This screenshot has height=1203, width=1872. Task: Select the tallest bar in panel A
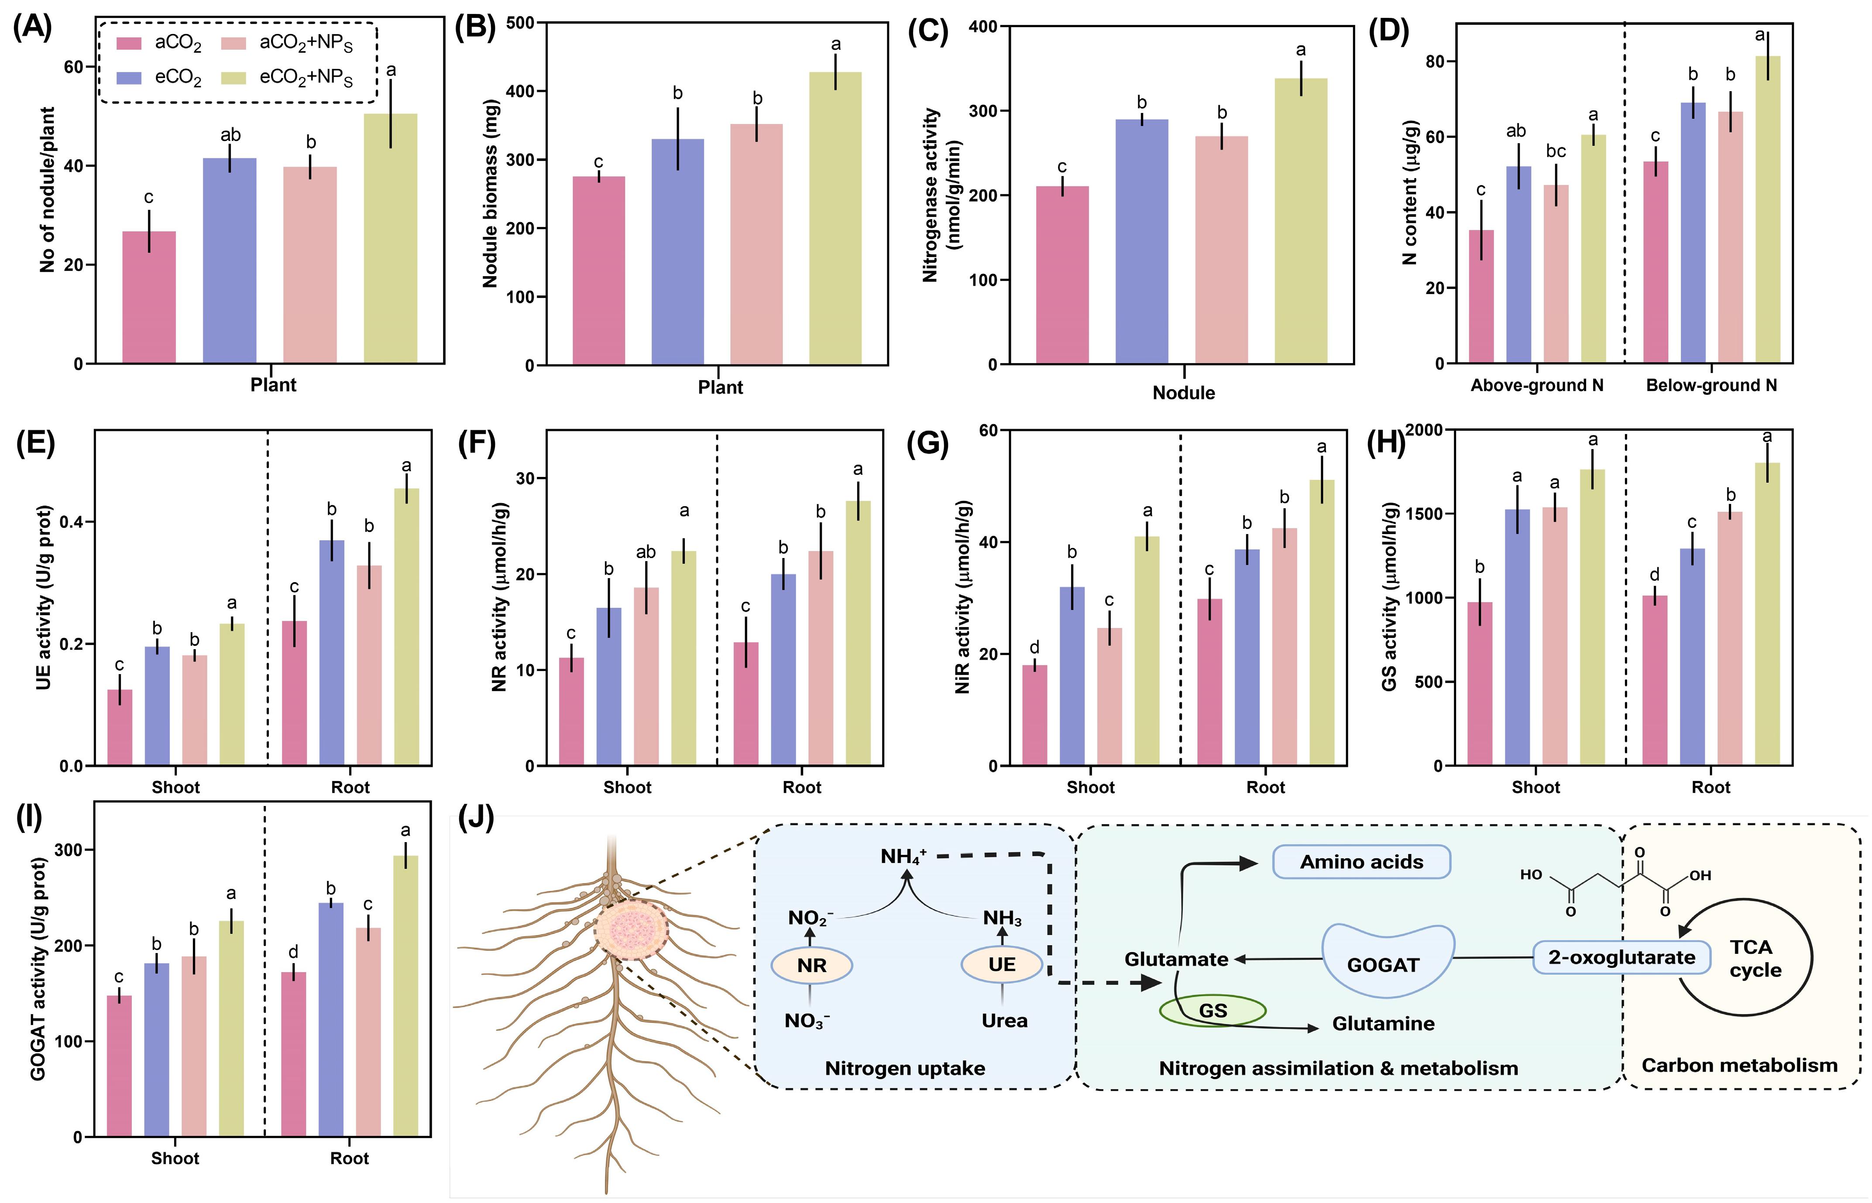click(391, 238)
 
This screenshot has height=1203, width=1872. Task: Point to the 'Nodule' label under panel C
click(1184, 393)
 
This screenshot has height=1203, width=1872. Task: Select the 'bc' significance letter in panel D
click(1556, 151)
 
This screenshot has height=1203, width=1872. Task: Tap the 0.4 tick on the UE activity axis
click(72, 522)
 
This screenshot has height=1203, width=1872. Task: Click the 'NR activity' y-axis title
click(500, 598)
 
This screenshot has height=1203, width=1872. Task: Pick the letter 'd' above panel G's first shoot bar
click(1034, 647)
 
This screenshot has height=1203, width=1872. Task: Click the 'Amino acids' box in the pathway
click(1361, 862)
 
